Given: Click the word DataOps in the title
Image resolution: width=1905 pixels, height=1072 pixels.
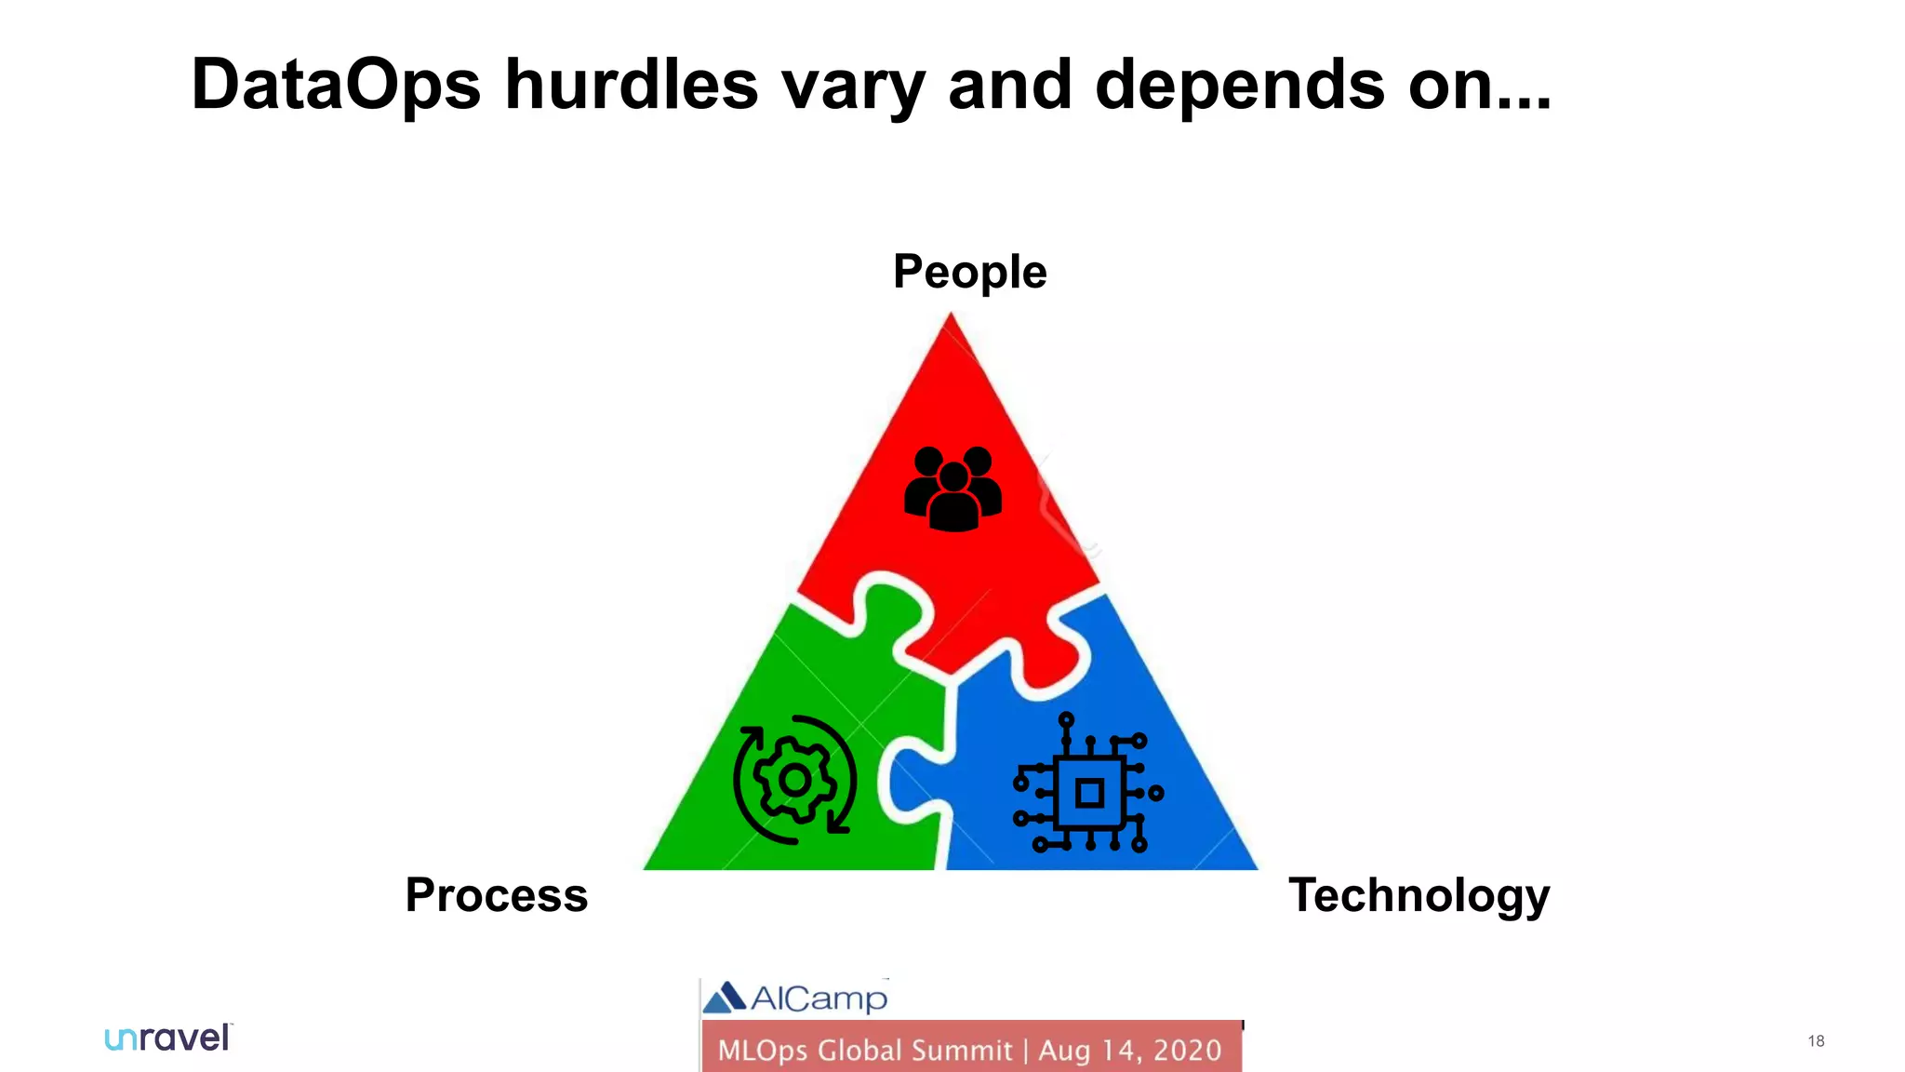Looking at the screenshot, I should [336, 85].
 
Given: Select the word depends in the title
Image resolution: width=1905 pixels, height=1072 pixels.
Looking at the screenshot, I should [1240, 85].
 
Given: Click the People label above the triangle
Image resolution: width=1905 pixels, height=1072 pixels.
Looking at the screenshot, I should [969, 272].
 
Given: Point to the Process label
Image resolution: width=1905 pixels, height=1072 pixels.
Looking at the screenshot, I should [496, 895].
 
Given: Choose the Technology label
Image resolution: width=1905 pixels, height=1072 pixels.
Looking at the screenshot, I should [1419, 895].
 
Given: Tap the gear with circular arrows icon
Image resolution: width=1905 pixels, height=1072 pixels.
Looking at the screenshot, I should [794, 780].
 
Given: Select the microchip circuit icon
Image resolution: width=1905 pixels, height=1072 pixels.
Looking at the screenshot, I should [1088, 784].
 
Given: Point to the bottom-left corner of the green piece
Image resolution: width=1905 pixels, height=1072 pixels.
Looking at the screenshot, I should [648, 866].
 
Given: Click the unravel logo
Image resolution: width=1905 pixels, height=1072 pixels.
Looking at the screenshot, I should [167, 1038].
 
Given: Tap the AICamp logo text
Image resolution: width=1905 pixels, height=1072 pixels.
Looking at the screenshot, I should [819, 998].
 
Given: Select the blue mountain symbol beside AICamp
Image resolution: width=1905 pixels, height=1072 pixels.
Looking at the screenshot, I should [725, 998].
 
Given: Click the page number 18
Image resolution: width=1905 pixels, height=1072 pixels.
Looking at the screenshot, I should [1816, 1041].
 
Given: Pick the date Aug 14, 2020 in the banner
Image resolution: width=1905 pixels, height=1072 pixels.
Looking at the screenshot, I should [1129, 1051].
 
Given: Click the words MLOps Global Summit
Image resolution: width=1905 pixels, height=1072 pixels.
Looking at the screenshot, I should [864, 1051].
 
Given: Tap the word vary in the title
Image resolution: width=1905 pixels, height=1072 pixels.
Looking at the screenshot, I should [853, 85].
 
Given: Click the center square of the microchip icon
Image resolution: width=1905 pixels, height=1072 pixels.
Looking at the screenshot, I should [1089, 794].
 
